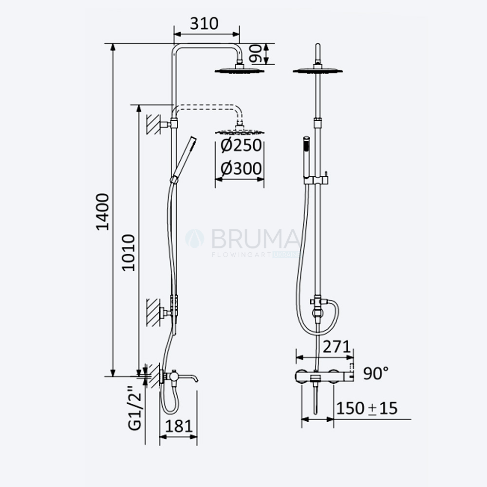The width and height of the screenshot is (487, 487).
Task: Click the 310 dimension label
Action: pyautogui.click(x=204, y=23)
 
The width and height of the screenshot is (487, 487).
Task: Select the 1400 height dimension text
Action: pyautogui.click(x=102, y=212)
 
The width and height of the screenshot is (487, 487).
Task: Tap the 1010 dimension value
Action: pyautogui.click(x=128, y=253)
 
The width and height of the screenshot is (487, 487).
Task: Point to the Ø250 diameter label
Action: pyautogui.click(x=241, y=145)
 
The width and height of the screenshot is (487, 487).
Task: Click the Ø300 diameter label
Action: pyautogui.click(x=241, y=169)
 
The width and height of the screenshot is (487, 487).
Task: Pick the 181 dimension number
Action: pyautogui.click(x=179, y=426)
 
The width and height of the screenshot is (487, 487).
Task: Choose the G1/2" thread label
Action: pyautogui.click(x=135, y=408)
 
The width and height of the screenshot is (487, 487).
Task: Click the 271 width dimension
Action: pyautogui.click(x=337, y=347)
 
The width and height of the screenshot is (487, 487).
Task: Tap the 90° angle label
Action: pyautogui.click(x=376, y=373)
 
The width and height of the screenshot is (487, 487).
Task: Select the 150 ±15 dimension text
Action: pyautogui.click(x=367, y=408)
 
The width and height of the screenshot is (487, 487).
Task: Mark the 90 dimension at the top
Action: pyautogui.click(x=256, y=54)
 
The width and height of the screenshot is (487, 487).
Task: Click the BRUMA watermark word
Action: pyautogui.click(x=256, y=239)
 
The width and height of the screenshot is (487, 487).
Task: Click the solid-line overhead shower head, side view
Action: pyautogui.click(x=240, y=69)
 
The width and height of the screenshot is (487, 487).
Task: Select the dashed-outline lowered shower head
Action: pyautogui.click(x=240, y=131)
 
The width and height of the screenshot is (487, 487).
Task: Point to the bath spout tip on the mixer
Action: pyautogui.click(x=196, y=380)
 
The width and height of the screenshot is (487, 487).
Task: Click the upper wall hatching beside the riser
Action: pyautogui.click(x=153, y=124)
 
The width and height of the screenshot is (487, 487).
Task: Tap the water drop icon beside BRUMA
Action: pyautogui.click(x=195, y=239)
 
